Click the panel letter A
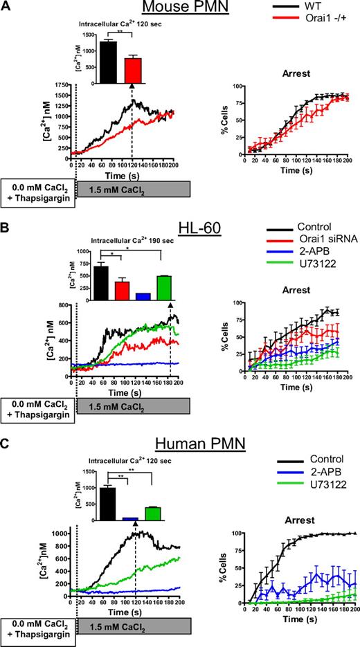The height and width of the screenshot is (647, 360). click(x=6, y=6)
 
